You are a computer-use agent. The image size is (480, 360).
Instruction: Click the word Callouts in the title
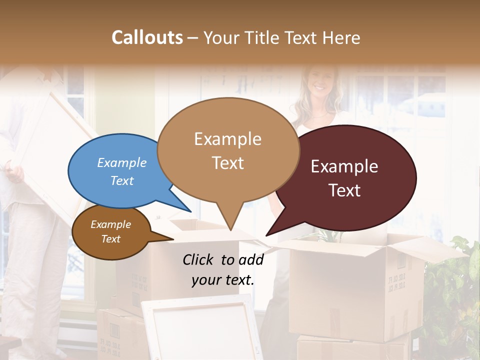tap(147, 37)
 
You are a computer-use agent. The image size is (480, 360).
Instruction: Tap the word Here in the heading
tap(342, 37)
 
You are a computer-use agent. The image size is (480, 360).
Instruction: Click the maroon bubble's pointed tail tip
tap(266, 235)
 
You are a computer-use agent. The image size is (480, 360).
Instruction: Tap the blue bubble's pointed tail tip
tap(190, 212)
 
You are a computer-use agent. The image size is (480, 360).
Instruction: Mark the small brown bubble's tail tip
tap(173, 239)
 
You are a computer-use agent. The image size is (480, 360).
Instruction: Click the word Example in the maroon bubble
tap(344, 166)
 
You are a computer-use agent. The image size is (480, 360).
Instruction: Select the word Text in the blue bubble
tap(122, 180)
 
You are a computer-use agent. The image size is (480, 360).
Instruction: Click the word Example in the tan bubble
tap(227, 139)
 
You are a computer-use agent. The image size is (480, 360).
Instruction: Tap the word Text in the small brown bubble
tap(111, 239)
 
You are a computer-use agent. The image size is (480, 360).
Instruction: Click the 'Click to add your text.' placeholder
tap(222, 269)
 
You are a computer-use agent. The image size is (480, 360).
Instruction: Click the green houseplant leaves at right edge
tap(452, 290)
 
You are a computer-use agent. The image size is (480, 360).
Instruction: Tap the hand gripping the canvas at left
tap(15, 172)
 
